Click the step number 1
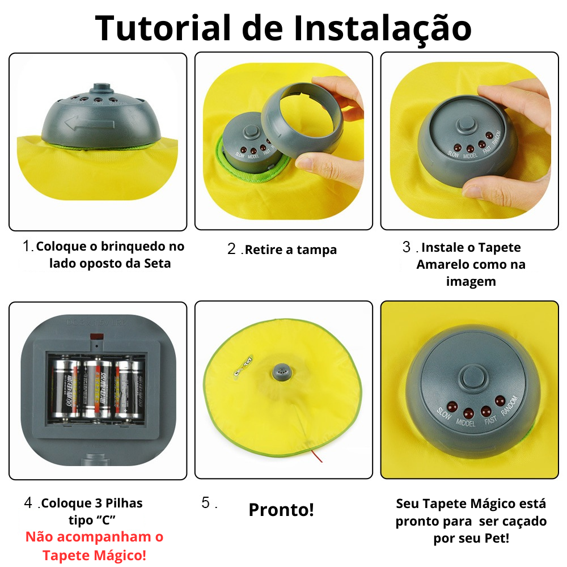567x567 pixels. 27,247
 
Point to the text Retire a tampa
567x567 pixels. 291,249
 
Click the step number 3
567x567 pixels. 407,247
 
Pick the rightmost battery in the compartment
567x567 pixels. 129,391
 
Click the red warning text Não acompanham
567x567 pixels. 94,537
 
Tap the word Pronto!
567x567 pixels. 281,510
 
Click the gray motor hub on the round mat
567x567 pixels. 282,371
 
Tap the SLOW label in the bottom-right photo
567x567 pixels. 443,417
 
